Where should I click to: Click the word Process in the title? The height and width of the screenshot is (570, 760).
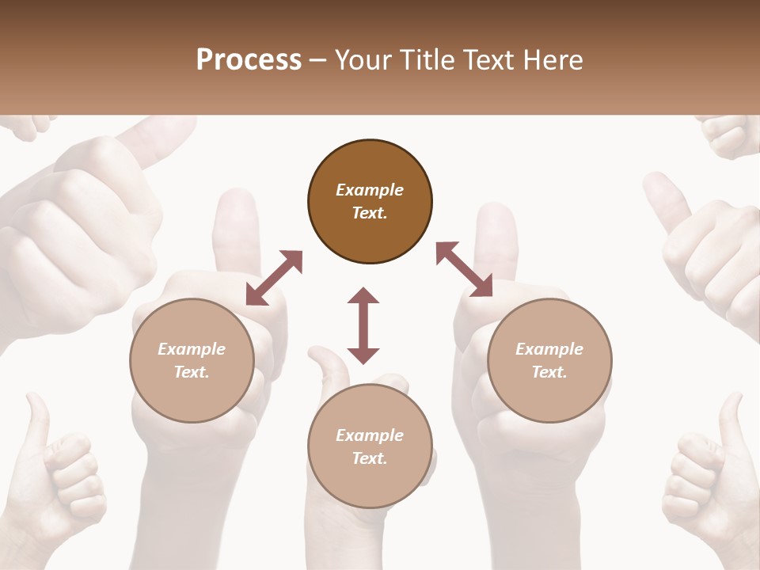point(249,60)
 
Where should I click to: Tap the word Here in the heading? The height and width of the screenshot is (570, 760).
point(551,60)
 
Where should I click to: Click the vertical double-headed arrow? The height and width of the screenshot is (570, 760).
point(363,325)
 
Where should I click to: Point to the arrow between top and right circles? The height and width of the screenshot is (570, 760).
point(465,270)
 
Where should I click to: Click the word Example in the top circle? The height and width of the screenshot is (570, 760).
point(370,190)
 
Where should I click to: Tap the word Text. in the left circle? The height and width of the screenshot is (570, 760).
point(192,372)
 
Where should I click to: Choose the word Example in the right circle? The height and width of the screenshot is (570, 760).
point(549,349)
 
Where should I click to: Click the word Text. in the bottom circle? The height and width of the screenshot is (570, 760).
point(370,458)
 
